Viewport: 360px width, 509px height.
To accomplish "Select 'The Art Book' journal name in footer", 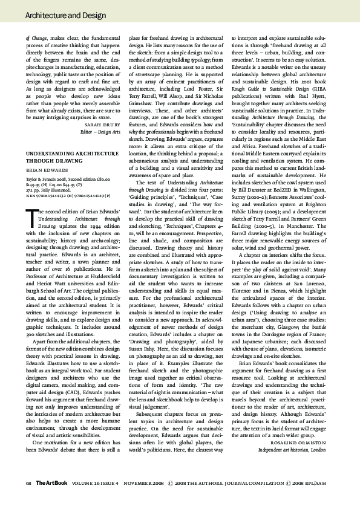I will (47, 500).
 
